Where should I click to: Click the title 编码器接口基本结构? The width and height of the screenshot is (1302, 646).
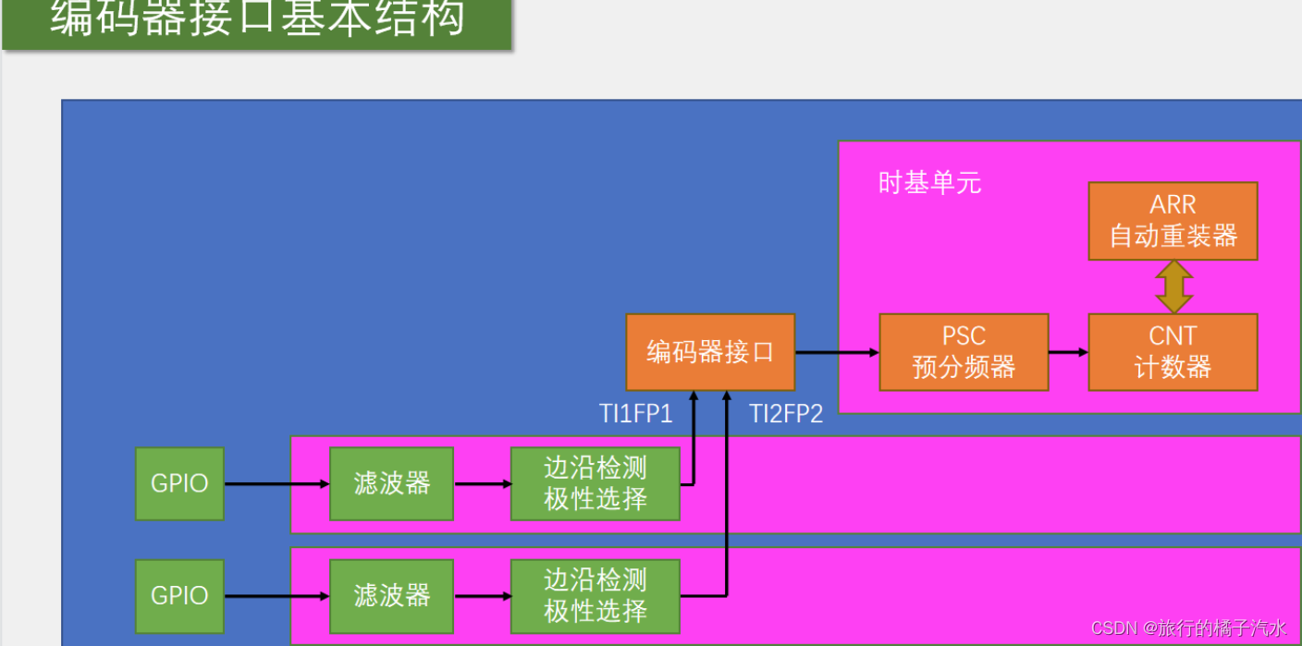tap(257, 18)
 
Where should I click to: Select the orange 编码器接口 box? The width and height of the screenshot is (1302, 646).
tap(709, 352)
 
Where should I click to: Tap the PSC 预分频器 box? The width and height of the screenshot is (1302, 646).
tap(964, 352)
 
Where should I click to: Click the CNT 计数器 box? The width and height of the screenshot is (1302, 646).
tap(1173, 352)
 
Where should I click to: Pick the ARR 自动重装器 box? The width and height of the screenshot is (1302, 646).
tap(1173, 221)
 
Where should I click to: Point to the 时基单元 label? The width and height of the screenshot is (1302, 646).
tap(929, 183)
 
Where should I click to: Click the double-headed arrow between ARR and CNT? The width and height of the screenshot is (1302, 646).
tap(1173, 287)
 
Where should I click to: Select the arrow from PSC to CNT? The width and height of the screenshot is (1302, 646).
tap(1068, 352)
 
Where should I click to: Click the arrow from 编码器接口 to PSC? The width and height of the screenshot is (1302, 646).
tap(836, 352)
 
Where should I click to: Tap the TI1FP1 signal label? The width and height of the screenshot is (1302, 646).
tap(635, 414)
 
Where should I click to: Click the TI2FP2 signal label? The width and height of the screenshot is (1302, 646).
tap(785, 414)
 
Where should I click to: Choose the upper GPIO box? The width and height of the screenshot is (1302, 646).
tap(179, 483)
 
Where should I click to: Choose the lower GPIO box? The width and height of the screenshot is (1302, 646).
tap(179, 595)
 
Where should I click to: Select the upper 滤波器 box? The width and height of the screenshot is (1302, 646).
tap(391, 483)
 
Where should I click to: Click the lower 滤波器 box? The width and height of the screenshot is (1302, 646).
tap(391, 595)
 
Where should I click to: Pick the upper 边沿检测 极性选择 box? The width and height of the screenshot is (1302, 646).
tap(595, 483)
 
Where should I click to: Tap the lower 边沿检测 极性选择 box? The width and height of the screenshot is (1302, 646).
tap(595, 595)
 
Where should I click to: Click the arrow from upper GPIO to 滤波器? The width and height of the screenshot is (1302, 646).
tap(276, 483)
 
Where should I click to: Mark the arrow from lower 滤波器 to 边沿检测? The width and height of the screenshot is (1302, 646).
tap(482, 596)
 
